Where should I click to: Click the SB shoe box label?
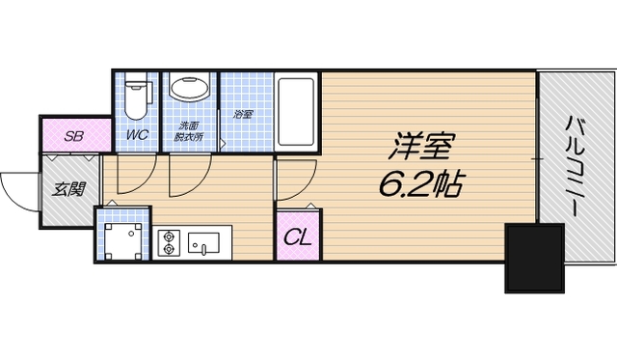[x=72, y=136]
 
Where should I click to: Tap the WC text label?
[x=137, y=135]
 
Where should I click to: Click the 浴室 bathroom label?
[x=243, y=116]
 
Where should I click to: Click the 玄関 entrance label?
[x=66, y=188]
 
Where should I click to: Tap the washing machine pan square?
[x=123, y=237]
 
